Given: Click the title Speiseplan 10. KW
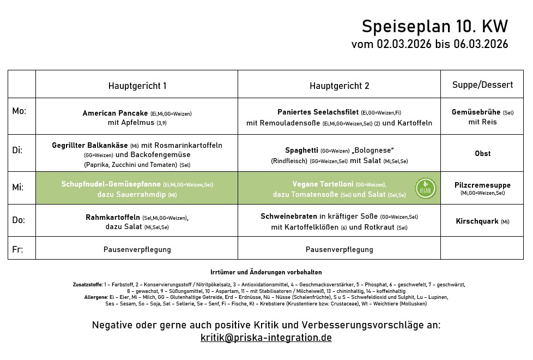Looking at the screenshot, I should tap(434, 26).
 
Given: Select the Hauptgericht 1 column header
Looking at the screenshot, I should tap(137, 86).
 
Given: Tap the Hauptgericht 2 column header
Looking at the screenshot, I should tap(340, 86).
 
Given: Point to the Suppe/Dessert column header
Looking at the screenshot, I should tap(482, 85).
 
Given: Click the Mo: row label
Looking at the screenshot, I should tap(19, 111).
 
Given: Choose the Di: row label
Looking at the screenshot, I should tap(17, 149).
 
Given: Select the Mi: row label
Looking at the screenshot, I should tap(18, 187).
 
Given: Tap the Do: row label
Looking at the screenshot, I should tap(19, 220).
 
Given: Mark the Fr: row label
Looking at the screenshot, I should tap(17, 249).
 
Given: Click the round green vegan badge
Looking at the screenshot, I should tap(425, 188).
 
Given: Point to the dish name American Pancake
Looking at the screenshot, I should tap(115, 113).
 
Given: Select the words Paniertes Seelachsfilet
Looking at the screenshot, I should tap(318, 112).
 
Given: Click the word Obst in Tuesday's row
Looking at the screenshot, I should tap(482, 153).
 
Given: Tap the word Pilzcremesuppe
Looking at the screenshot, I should tap(482, 185).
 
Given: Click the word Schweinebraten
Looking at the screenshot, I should tap(289, 217).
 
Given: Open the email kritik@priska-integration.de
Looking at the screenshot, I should tap(266, 338).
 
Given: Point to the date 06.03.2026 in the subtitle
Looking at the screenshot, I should tap(480, 44).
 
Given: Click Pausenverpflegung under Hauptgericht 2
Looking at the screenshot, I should tap(340, 249).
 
